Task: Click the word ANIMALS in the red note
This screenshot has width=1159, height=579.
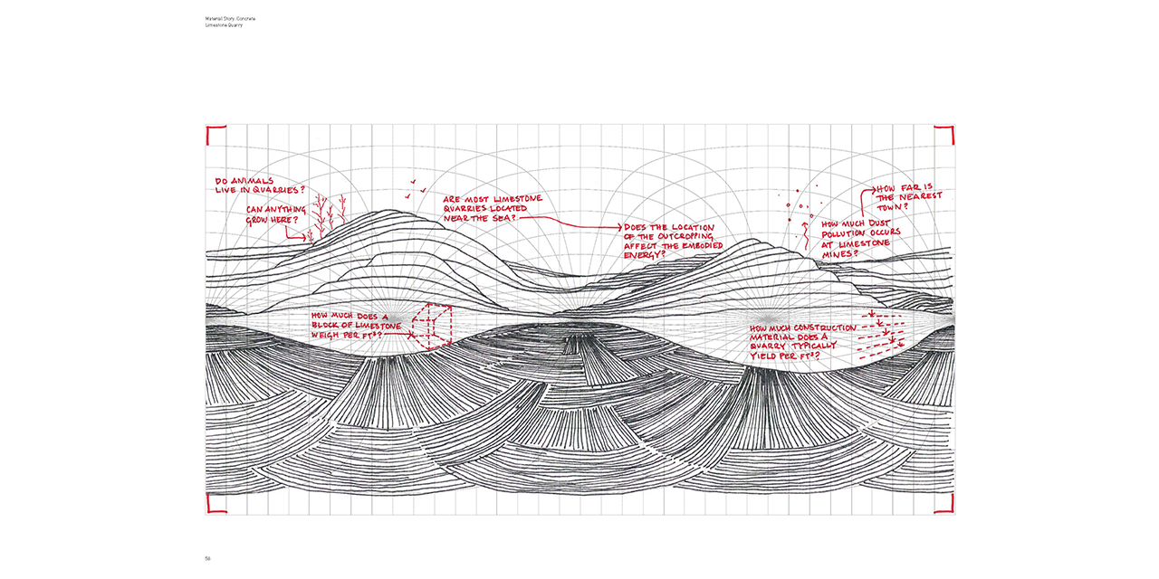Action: (x=250, y=180)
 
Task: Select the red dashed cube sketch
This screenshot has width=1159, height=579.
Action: (x=433, y=326)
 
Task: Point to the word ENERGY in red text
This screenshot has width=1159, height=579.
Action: (x=643, y=254)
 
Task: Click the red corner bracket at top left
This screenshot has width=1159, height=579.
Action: (x=214, y=134)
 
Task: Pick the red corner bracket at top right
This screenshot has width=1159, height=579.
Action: (x=947, y=134)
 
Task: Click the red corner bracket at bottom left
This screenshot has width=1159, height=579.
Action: (x=214, y=505)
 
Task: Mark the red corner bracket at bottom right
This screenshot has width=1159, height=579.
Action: (x=947, y=505)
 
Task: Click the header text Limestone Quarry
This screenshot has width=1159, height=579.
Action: (x=224, y=25)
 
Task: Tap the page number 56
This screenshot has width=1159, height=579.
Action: (x=207, y=558)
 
